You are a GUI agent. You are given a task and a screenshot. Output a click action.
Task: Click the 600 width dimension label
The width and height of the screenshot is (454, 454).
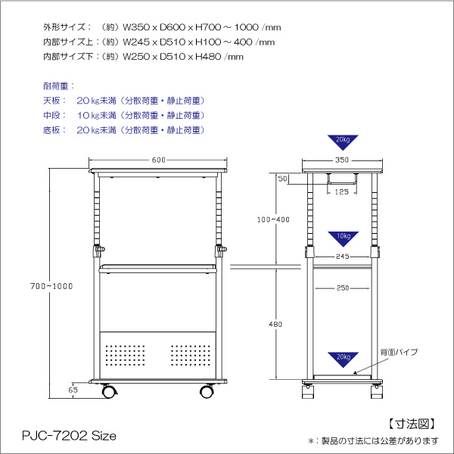click(x=159, y=160)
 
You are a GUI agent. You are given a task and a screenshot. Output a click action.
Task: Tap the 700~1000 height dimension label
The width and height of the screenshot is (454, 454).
click(x=47, y=285)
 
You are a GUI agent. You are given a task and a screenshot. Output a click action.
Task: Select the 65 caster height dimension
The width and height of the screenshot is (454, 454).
click(x=73, y=390)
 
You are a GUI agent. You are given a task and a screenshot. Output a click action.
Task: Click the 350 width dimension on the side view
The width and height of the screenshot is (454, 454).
click(x=341, y=160)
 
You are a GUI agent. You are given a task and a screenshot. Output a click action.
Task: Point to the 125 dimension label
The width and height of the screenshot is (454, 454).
click(x=341, y=192)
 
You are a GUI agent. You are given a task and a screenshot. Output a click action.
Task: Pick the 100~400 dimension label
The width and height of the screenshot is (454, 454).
click(x=273, y=219)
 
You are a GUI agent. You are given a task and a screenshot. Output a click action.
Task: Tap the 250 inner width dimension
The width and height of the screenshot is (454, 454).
click(x=342, y=288)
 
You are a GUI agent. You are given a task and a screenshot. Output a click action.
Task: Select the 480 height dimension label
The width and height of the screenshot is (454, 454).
click(x=275, y=324)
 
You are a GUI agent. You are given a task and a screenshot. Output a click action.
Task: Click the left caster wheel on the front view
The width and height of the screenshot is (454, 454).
click(x=109, y=391)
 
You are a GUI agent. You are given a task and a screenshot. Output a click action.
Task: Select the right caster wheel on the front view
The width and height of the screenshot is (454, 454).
click(x=206, y=391)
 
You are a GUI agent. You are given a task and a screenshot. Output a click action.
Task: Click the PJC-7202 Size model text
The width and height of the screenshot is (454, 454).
click(x=67, y=436)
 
